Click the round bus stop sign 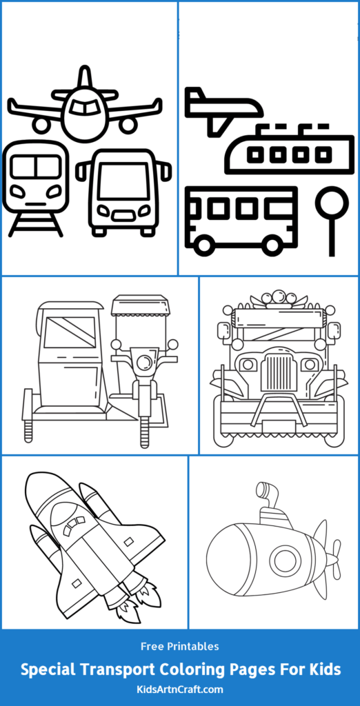332,203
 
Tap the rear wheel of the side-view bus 272,244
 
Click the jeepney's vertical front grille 279,372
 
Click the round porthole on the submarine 285,561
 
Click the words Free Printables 180,647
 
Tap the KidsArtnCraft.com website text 180,688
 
